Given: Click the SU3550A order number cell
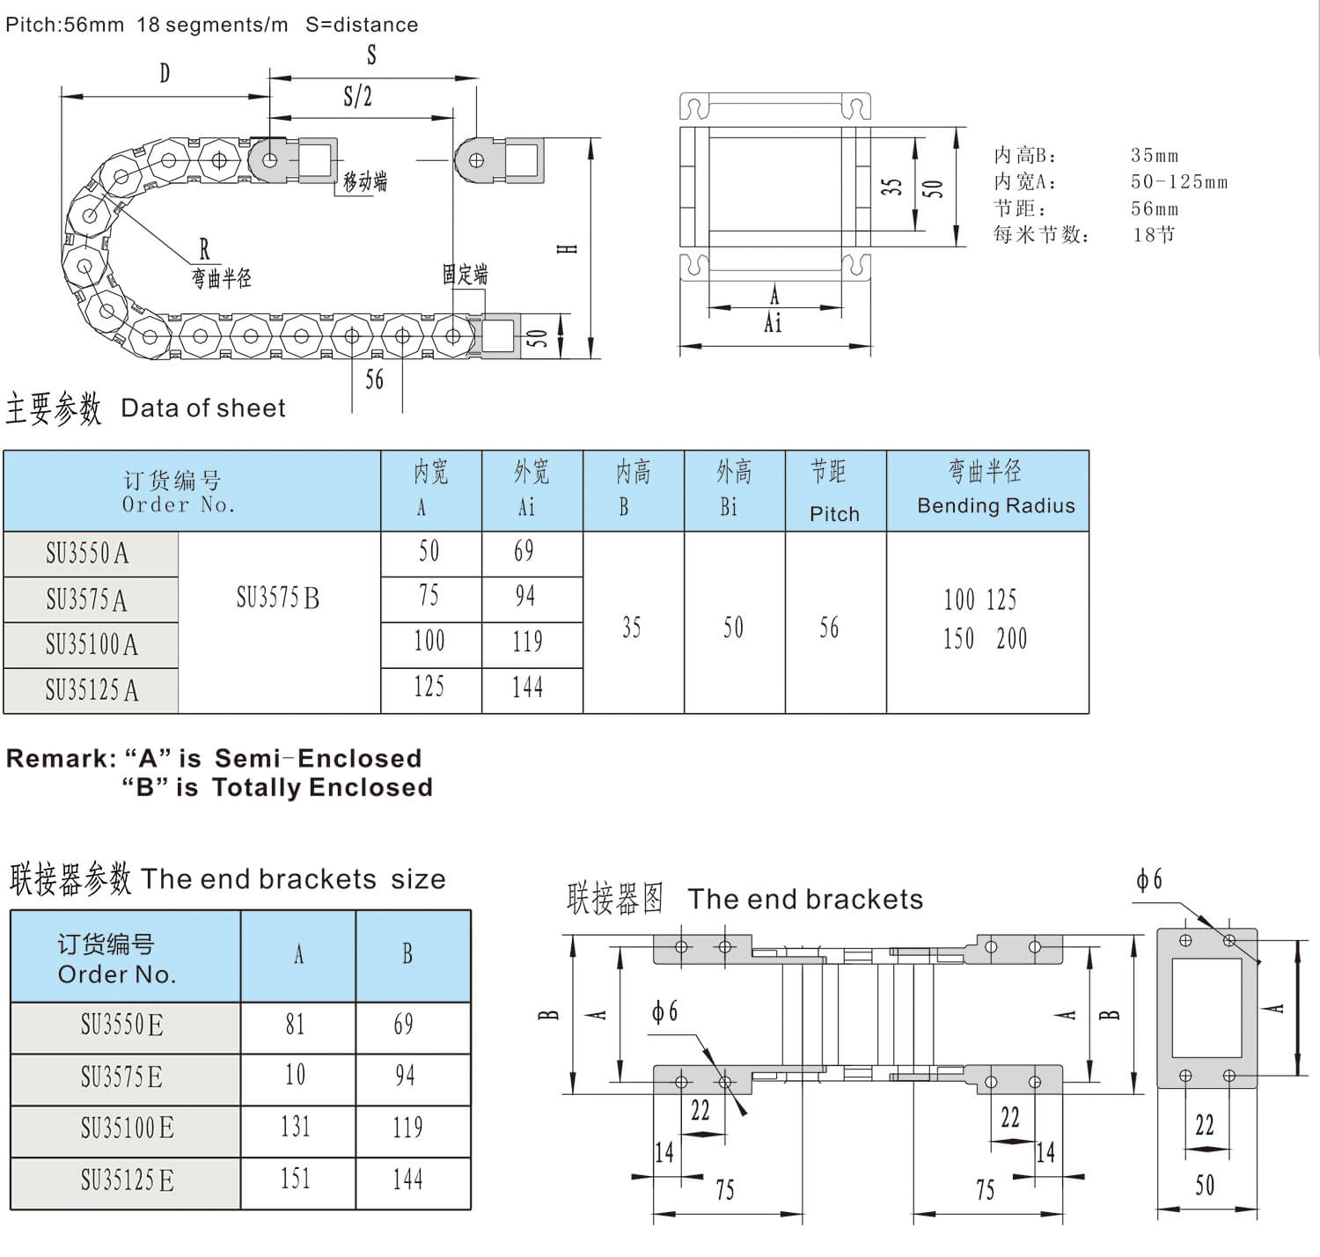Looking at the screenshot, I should (88, 554).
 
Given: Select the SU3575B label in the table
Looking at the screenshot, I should (278, 599).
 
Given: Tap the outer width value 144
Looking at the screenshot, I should (528, 687).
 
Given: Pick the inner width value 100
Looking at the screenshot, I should (429, 641).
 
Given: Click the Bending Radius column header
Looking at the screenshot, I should (995, 505).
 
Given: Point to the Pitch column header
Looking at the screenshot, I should (834, 514).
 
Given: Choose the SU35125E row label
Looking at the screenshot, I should (127, 1180).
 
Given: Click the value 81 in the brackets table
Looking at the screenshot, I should (296, 1025).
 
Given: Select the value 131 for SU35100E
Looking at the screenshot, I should (296, 1128).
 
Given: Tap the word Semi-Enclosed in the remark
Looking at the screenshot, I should (318, 759).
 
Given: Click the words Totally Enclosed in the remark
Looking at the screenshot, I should (322, 788).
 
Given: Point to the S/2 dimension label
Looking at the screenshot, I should (358, 96).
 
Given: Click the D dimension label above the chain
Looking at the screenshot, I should (165, 73).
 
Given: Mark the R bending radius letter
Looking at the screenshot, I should (204, 250).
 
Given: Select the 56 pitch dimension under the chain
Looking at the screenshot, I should (375, 380).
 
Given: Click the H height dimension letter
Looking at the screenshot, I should (568, 249).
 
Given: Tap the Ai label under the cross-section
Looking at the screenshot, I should (774, 324).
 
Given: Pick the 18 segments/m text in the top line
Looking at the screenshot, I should (212, 25).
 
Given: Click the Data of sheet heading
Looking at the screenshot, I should (203, 408).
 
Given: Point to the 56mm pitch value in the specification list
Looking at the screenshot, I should (1155, 209).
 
